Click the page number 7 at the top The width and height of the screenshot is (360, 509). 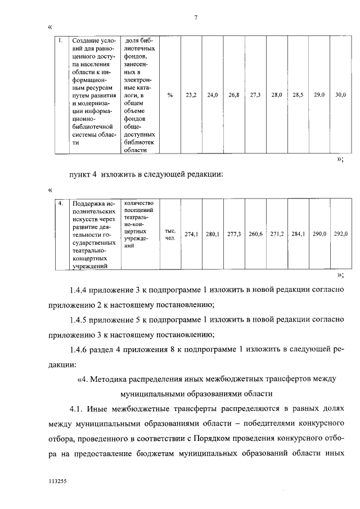195,17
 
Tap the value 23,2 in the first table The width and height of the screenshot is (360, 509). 191,95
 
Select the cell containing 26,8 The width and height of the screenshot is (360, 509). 234,95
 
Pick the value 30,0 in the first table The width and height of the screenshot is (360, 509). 340,95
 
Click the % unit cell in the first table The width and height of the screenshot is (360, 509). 170,95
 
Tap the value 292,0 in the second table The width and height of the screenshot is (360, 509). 340,233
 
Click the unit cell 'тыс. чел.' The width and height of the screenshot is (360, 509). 170,234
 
